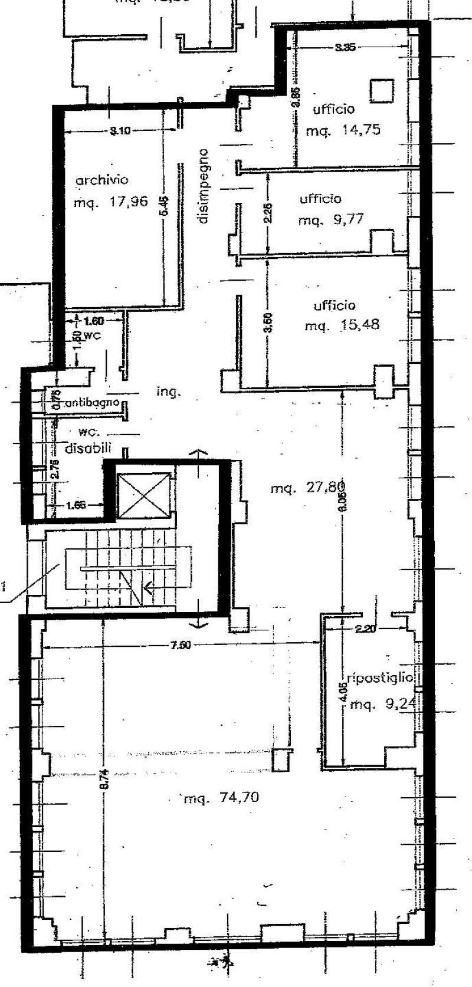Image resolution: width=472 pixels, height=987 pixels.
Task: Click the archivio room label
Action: (x=101, y=180)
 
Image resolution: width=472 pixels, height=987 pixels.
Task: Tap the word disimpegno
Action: (x=204, y=186)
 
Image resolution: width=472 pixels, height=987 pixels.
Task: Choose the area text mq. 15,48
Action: (x=342, y=325)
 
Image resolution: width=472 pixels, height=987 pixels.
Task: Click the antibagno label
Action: (x=92, y=403)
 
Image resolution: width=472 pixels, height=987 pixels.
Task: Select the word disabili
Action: (x=88, y=448)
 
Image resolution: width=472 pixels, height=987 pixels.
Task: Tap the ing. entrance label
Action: (x=168, y=391)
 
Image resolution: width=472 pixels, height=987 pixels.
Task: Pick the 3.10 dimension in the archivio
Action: (x=120, y=131)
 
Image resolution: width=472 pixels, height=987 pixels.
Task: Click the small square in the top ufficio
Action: (x=381, y=90)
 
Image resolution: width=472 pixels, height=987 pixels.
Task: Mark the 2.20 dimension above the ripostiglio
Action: (x=366, y=629)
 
